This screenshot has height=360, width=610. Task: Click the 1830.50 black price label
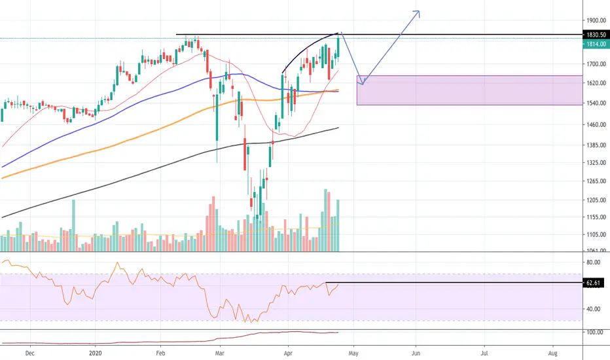point(596,35)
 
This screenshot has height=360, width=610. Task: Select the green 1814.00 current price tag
point(596,44)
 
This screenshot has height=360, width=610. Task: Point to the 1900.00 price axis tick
point(596,20)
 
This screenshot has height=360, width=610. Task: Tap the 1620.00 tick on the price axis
point(596,83)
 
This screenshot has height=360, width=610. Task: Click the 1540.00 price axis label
point(596,103)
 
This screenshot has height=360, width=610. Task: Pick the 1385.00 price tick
point(596,145)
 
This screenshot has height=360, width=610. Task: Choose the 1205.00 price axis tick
point(596,200)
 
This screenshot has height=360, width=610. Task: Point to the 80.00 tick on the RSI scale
point(593,262)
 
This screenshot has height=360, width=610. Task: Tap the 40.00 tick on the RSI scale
point(593,309)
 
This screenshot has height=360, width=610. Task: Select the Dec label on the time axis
point(29,353)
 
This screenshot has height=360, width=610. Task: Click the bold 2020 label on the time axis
point(95,353)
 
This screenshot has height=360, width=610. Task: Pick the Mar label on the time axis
point(220,353)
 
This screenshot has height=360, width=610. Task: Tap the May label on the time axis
point(353,353)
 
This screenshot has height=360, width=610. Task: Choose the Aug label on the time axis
point(552,353)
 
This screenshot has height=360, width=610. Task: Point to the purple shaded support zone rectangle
point(469,90)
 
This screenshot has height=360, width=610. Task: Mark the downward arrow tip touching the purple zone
point(362,84)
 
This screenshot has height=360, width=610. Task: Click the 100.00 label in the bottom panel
point(595,333)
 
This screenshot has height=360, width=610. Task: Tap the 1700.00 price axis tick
point(596,64)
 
